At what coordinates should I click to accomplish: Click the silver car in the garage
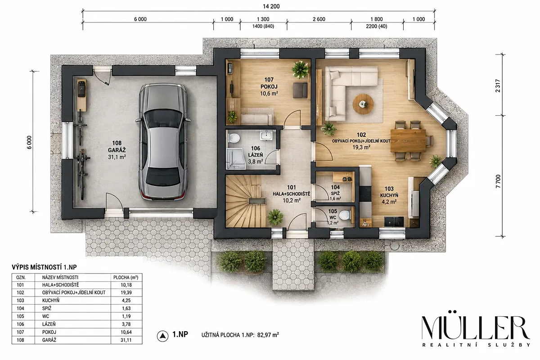162,142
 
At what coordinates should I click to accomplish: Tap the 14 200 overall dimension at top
271,6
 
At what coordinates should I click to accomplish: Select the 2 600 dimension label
319,19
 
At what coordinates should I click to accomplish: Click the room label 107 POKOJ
269,83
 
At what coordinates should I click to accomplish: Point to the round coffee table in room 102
363,104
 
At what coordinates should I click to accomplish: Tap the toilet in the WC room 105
345,215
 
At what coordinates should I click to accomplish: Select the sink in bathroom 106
266,135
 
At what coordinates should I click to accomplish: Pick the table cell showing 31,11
126,340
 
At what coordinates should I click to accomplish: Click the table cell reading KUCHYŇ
50,301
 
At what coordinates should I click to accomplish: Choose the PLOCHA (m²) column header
126,278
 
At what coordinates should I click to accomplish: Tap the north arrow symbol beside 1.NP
163,336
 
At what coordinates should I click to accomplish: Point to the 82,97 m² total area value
268,335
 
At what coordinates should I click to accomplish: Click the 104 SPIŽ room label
335,190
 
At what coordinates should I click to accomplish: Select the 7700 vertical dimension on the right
498,181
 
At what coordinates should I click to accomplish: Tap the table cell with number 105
20,316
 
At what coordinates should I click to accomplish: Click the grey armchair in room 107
300,90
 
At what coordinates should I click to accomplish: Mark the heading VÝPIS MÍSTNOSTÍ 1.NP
45,267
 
